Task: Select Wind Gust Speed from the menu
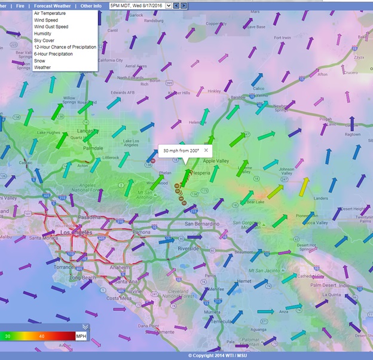[51, 27]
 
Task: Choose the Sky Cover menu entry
[44, 40]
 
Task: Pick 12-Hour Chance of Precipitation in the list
[65, 47]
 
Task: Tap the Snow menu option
[39, 60]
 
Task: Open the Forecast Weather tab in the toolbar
[52, 5]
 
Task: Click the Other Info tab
[91, 5]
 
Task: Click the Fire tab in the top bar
[20, 5]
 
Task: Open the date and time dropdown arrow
[168, 5]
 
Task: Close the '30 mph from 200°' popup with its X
[206, 150]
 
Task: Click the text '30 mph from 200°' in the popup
[181, 151]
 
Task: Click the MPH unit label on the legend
[81, 336]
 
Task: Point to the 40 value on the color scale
[42, 336]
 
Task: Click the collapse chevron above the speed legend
[85, 327]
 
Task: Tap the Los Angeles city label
[57, 231]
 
